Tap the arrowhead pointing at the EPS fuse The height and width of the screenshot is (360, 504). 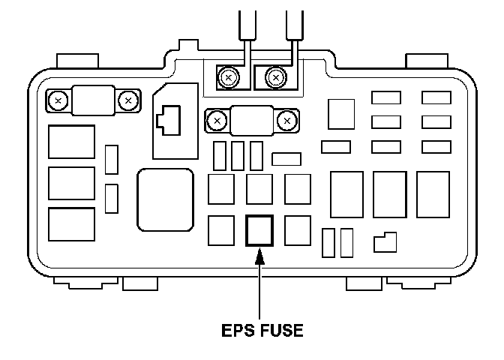pyautogui.click(x=259, y=257)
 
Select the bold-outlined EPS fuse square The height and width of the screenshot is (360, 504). pyautogui.click(x=259, y=230)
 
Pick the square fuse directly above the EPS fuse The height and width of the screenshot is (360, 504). pyautogui.click(x=259, y=189)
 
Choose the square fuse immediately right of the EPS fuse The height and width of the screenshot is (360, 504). pyautogui.click(x=298, y=229)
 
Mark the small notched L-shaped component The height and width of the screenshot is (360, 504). pyautogui.click(x=385, y=241)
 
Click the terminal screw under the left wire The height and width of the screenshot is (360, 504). pyautogui.click(x=228, y=76)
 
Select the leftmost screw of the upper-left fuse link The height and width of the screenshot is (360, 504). pyautogui.click(x=57, y=98)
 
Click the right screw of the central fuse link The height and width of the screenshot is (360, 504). pyautogui.click(x=285, y=119)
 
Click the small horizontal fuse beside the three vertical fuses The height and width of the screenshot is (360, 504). pyautogui.click(x=286, y=158)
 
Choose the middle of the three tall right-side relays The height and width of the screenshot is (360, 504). pyautogui.click(x=389, y=194)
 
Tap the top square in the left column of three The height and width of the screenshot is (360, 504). pyautogui.click(x=71, y=142)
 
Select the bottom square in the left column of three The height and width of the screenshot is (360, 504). pyautogui.click(x=71, y=224)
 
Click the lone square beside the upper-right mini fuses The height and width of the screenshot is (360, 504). pyautogui.click(x=341, y=114)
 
